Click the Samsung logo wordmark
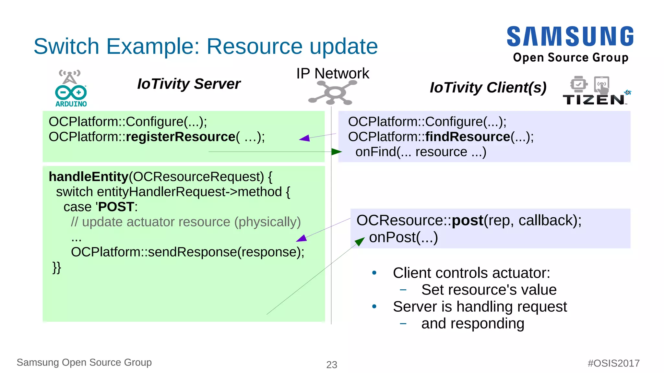click(570, 36)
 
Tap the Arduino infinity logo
click(71, 92)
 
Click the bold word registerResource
click(180, 137)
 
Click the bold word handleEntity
click(88, 177)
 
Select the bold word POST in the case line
click(116, 207)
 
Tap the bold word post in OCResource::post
click(468, 221)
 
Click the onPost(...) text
click(403, 237)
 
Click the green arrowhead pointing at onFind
click(337, 151)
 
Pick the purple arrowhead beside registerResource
click(305, 138)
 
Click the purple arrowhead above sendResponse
click(302, 239)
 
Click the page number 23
click(332, 365)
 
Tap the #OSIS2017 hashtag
click(613, 363)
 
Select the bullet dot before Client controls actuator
click(374, 273)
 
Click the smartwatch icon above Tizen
click(578, 84)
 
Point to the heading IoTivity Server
click(189, 84)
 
